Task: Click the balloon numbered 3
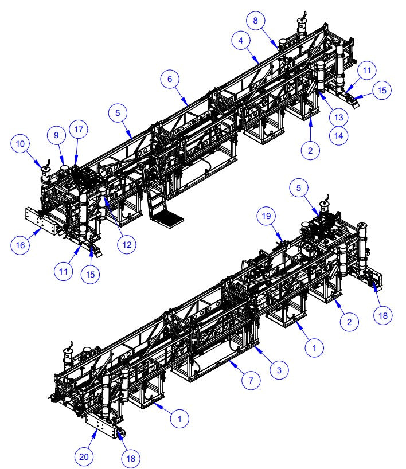point(278,370)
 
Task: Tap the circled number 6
point(169,81)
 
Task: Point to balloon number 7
point(250,380)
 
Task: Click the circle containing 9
point(56,136)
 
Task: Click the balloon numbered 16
point(20,245)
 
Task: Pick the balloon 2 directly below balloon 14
point(310,150)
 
